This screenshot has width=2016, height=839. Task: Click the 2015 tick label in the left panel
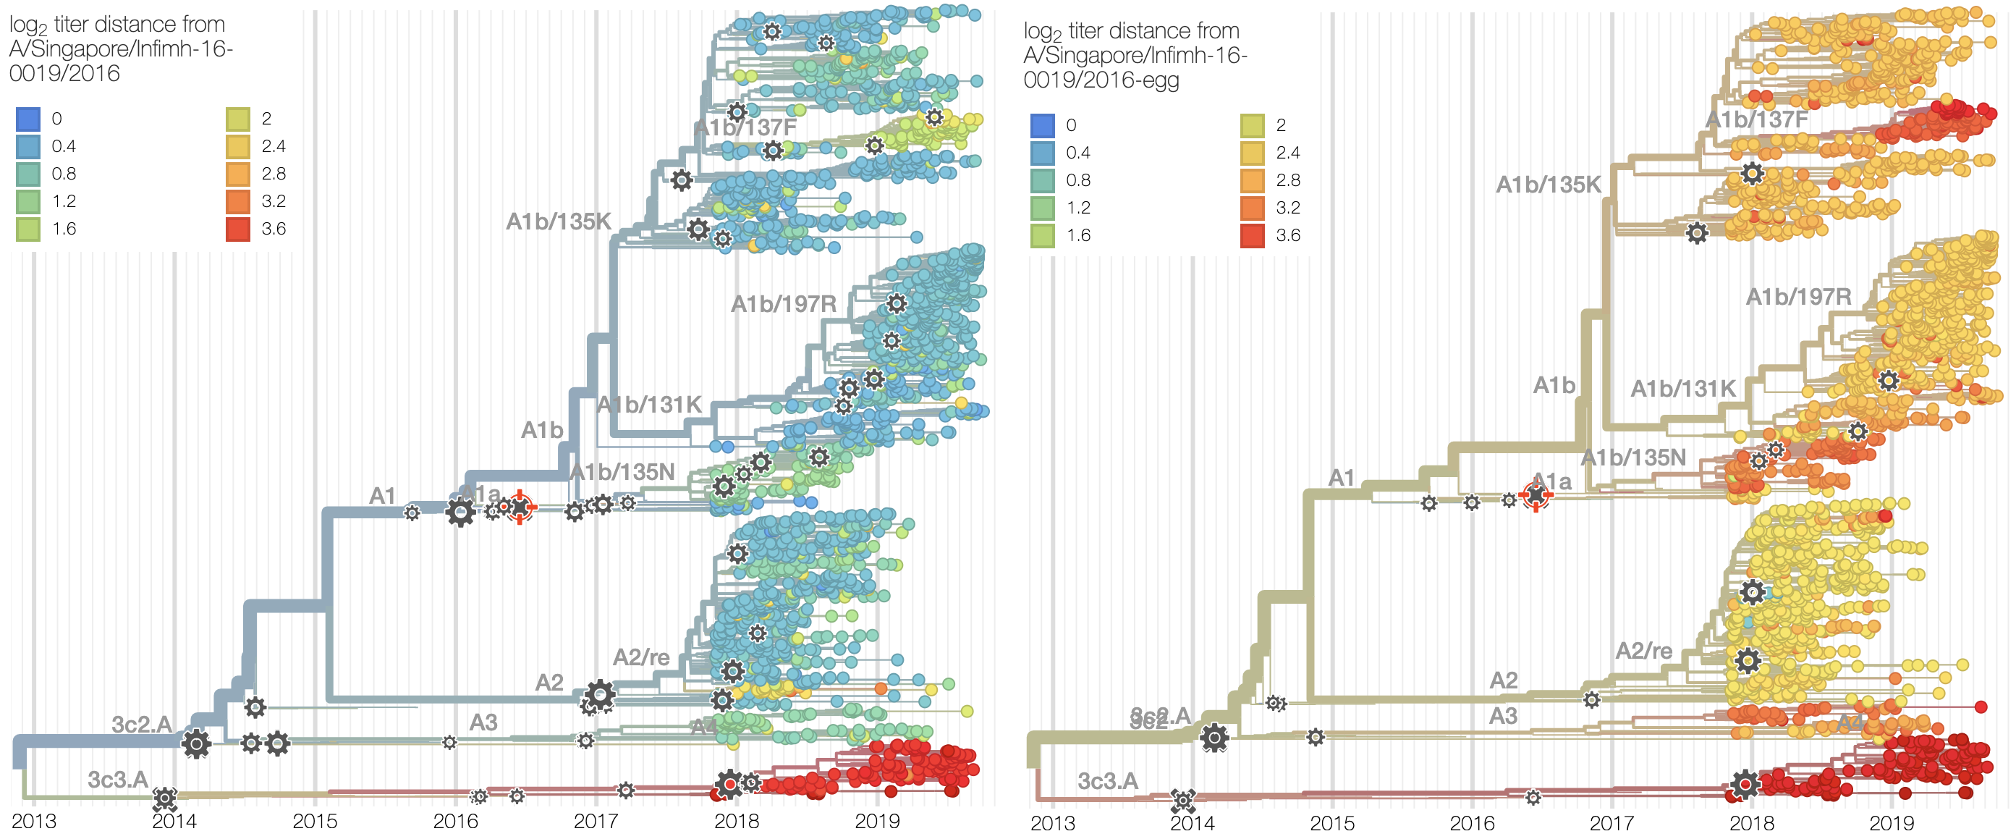coord(315,821)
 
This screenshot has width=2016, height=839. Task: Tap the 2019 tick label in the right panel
coord(1891,822)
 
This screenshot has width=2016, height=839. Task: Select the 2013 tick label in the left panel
coord(34,821)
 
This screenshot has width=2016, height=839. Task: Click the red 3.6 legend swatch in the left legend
coord(238,229)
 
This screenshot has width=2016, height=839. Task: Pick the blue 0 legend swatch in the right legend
coord(1042,125)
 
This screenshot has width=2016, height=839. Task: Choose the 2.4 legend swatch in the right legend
coord(1252,153)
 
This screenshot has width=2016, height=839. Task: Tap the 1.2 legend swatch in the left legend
coord(28,201)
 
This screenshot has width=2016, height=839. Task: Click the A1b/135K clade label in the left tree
coord(558,222)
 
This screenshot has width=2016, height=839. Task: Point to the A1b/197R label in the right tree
coord(1798,297)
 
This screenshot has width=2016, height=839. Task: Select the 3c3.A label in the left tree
coord(117,780)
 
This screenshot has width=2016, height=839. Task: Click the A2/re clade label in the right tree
coord(1643,650)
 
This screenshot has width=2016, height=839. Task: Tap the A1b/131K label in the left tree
coord(650,405)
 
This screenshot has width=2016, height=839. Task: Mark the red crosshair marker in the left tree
coord(520,507)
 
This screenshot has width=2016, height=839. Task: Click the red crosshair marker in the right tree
coord(1536,495)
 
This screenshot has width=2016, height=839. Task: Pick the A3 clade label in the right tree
coord(1503,715)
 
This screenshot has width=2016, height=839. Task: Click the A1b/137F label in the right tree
coord(1756,119)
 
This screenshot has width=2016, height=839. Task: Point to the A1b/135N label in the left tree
coord(622,472)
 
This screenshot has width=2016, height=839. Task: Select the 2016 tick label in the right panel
coord(1471,822)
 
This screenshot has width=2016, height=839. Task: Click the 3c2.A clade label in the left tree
coord(141,724)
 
